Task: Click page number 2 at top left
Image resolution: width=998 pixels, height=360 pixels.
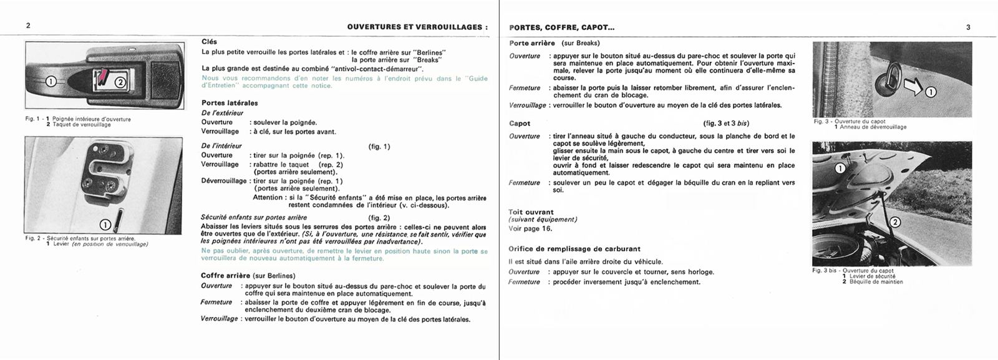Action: coord(28,26)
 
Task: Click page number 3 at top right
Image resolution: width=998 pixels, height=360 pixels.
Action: coord(968,27)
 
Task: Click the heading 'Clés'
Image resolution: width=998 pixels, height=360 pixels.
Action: coord(209,42)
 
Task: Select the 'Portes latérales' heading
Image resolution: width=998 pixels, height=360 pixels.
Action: coord(229,103)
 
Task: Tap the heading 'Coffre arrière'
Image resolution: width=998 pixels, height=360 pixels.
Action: coord(225,275)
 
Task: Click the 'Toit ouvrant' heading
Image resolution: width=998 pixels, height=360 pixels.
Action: coord(531,212)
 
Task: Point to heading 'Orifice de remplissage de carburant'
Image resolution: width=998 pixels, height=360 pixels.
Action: coord(574,249)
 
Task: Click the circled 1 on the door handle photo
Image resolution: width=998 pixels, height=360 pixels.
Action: coord(51,81)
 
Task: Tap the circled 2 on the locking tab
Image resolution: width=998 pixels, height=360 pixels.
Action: coord(120,81)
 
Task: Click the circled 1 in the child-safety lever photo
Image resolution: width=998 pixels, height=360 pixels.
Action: coord(105,225)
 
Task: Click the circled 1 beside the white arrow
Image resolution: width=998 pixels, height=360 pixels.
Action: coord(930,92)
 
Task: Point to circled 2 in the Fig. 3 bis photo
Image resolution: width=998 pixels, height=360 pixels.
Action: coord(894,222)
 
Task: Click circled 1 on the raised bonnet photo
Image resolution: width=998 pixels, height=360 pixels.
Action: coord(840,168)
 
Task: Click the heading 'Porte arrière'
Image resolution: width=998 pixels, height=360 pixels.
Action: coord(531,43)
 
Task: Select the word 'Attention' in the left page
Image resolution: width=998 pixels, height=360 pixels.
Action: coord(268,197)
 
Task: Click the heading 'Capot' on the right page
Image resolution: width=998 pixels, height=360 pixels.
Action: coord(520,124)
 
